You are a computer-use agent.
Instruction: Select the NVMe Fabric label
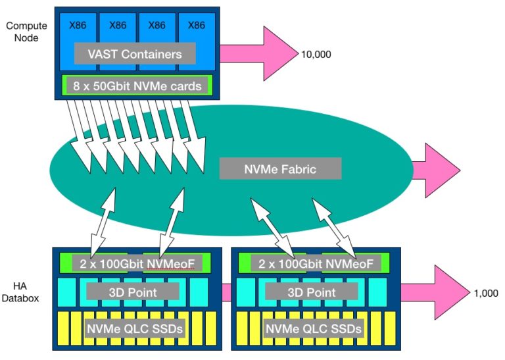(280, 169)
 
